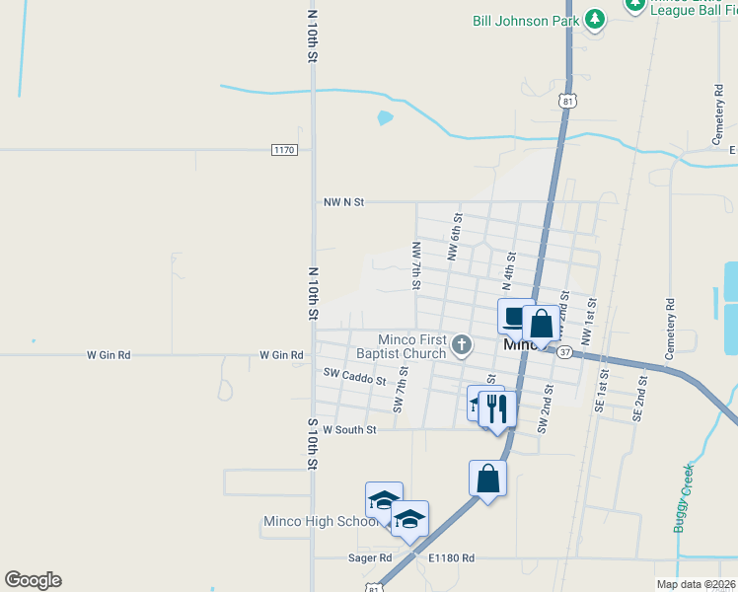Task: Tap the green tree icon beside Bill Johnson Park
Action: (x=594, y=19)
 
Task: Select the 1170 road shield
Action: (x=284, y=150)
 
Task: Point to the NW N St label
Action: (x=343, y=202)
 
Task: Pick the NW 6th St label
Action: (x=455, y=238)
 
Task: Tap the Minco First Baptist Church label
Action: (x=406, y=346)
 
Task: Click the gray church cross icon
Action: (x=463, y=345)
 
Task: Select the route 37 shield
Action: (x=564, y=351)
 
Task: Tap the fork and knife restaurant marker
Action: (x=497, y=407)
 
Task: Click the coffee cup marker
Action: (x=515, y=317)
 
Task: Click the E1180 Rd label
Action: (x=451, y=558)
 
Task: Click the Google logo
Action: (x=33, y=580)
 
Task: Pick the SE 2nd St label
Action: (x=639, y=398)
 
